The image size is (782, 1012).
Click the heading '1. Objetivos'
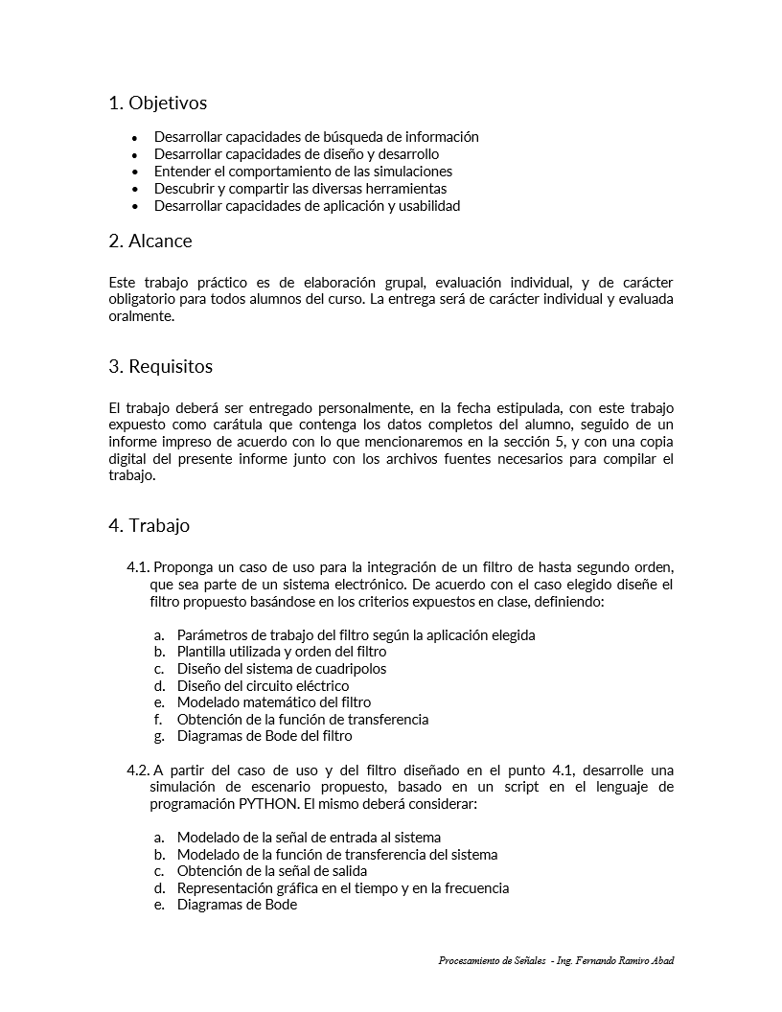[157, 103]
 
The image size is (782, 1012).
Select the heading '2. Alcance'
[150, 241]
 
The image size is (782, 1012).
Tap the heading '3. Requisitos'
[161, 366]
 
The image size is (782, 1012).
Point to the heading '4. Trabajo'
[149, 525]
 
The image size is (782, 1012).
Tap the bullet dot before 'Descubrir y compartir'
[134, 189]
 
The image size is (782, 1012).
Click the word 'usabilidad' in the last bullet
[428, 206]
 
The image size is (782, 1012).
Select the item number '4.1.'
[138, 566]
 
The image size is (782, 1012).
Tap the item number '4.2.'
[138, 770]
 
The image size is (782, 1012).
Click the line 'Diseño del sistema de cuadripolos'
[282, 669]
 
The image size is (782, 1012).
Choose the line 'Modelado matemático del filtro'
[274, 702]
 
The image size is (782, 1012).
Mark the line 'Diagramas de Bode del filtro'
[264, 736]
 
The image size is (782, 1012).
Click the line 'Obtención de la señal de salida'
[272, 871]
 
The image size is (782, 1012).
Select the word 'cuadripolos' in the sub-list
[350, 669]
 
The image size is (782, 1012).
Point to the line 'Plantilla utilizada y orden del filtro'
[282, 652]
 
